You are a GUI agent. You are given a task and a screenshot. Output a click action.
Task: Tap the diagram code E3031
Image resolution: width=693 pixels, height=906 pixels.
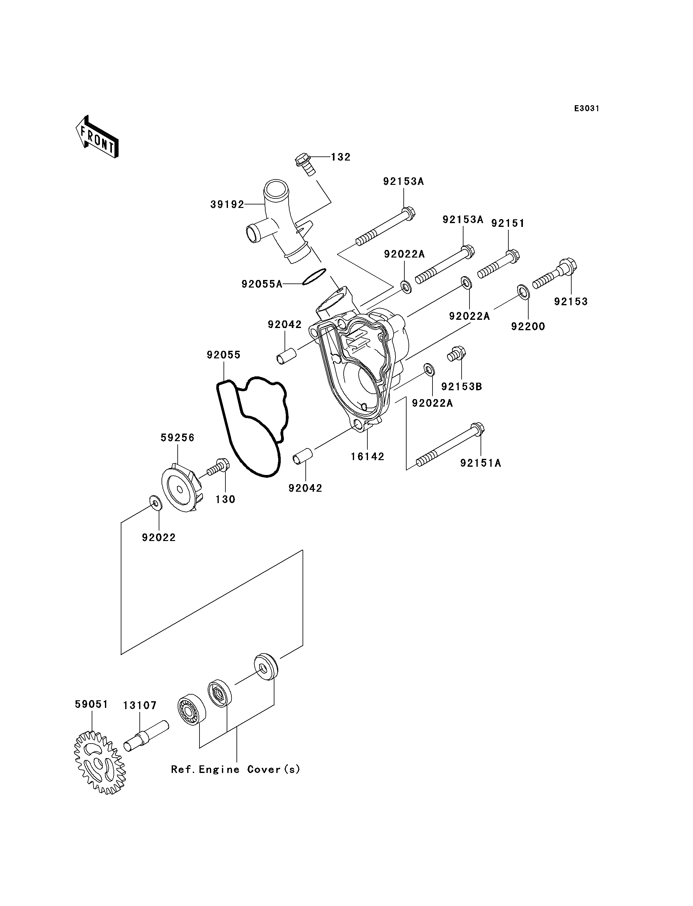point(586,108)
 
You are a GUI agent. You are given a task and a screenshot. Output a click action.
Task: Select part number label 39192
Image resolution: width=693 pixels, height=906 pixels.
point(227,204)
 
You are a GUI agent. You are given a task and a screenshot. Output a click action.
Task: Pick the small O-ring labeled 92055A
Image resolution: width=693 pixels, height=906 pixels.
point(314,276)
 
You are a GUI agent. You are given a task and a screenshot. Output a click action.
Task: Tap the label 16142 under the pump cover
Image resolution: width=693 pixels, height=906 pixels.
point(368,457)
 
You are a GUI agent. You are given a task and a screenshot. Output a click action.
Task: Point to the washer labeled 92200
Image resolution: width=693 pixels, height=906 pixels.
point(524,292)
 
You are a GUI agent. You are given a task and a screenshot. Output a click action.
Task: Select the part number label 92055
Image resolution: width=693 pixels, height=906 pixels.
point(224,355)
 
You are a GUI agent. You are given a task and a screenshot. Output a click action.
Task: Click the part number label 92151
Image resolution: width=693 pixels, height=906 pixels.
point(508,223)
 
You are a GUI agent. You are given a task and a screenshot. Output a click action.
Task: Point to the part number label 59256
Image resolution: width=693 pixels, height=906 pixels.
point(177,438)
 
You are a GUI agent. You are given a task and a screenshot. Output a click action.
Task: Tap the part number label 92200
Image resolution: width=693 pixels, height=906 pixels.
point(528,327)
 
